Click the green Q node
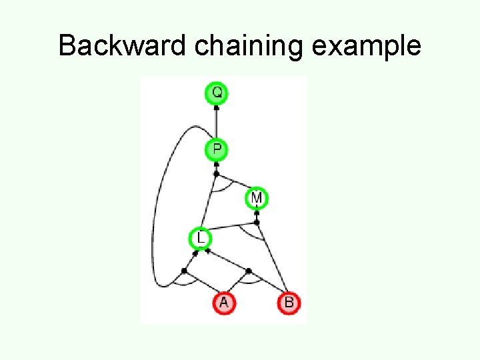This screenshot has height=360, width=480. click(216, 93)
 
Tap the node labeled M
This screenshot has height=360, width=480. click(257, 198)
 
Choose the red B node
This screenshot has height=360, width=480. click(289, 303)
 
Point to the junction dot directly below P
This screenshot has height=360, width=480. click(216, 173)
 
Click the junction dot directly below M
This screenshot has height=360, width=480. click(257, 222)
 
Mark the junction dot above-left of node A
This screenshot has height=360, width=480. click(184, 270)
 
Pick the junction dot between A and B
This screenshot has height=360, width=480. click(248, 271)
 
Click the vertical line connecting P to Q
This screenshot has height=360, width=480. click(216, 123)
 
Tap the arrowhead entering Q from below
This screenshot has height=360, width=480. click(216, 107)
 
